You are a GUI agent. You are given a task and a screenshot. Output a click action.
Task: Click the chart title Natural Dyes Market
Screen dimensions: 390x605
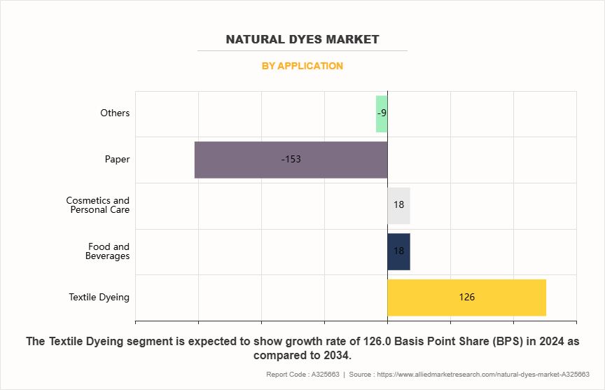click(302, 39)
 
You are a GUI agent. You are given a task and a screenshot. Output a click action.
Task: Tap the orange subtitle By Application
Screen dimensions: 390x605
click(302, 66)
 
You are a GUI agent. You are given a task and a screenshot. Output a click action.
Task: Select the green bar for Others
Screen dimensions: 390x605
click(382, 113)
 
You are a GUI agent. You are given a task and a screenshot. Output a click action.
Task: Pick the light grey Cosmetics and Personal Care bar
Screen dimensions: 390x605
click(398, 205)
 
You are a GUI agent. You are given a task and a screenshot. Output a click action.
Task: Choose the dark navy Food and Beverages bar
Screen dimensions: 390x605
click(398, 251)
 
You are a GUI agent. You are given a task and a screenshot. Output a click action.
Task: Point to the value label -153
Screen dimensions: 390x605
click(291, 160)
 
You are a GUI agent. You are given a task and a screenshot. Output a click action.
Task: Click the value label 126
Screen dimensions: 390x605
click(467, 298)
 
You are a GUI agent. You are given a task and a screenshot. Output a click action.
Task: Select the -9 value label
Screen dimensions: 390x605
click(382, 113)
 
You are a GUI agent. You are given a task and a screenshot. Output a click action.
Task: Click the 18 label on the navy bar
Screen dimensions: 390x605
click(398, 251)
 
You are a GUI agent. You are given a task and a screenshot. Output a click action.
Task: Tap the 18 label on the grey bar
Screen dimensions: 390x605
click(398, 205)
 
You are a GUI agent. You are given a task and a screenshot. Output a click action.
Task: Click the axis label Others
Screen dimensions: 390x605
click(115, 113)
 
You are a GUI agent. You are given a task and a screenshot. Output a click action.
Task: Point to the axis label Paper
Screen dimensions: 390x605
click(117, 160)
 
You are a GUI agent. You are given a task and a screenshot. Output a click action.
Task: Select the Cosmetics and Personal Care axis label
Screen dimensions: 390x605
click(98, 205)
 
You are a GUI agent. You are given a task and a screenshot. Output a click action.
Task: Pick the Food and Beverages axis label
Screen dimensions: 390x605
click(108, 251)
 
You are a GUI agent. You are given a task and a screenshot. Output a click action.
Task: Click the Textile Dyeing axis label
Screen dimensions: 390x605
click(99, 298)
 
